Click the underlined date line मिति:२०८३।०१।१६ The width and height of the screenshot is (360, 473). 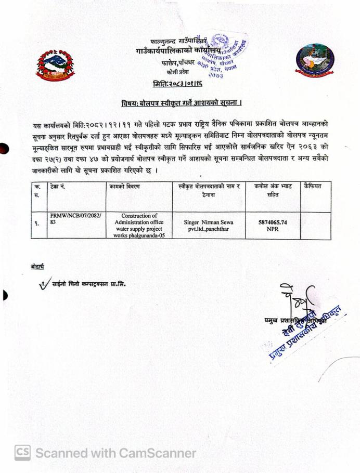click(x=178, y=83)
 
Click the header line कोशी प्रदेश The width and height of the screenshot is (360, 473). click(x=178, y=71)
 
